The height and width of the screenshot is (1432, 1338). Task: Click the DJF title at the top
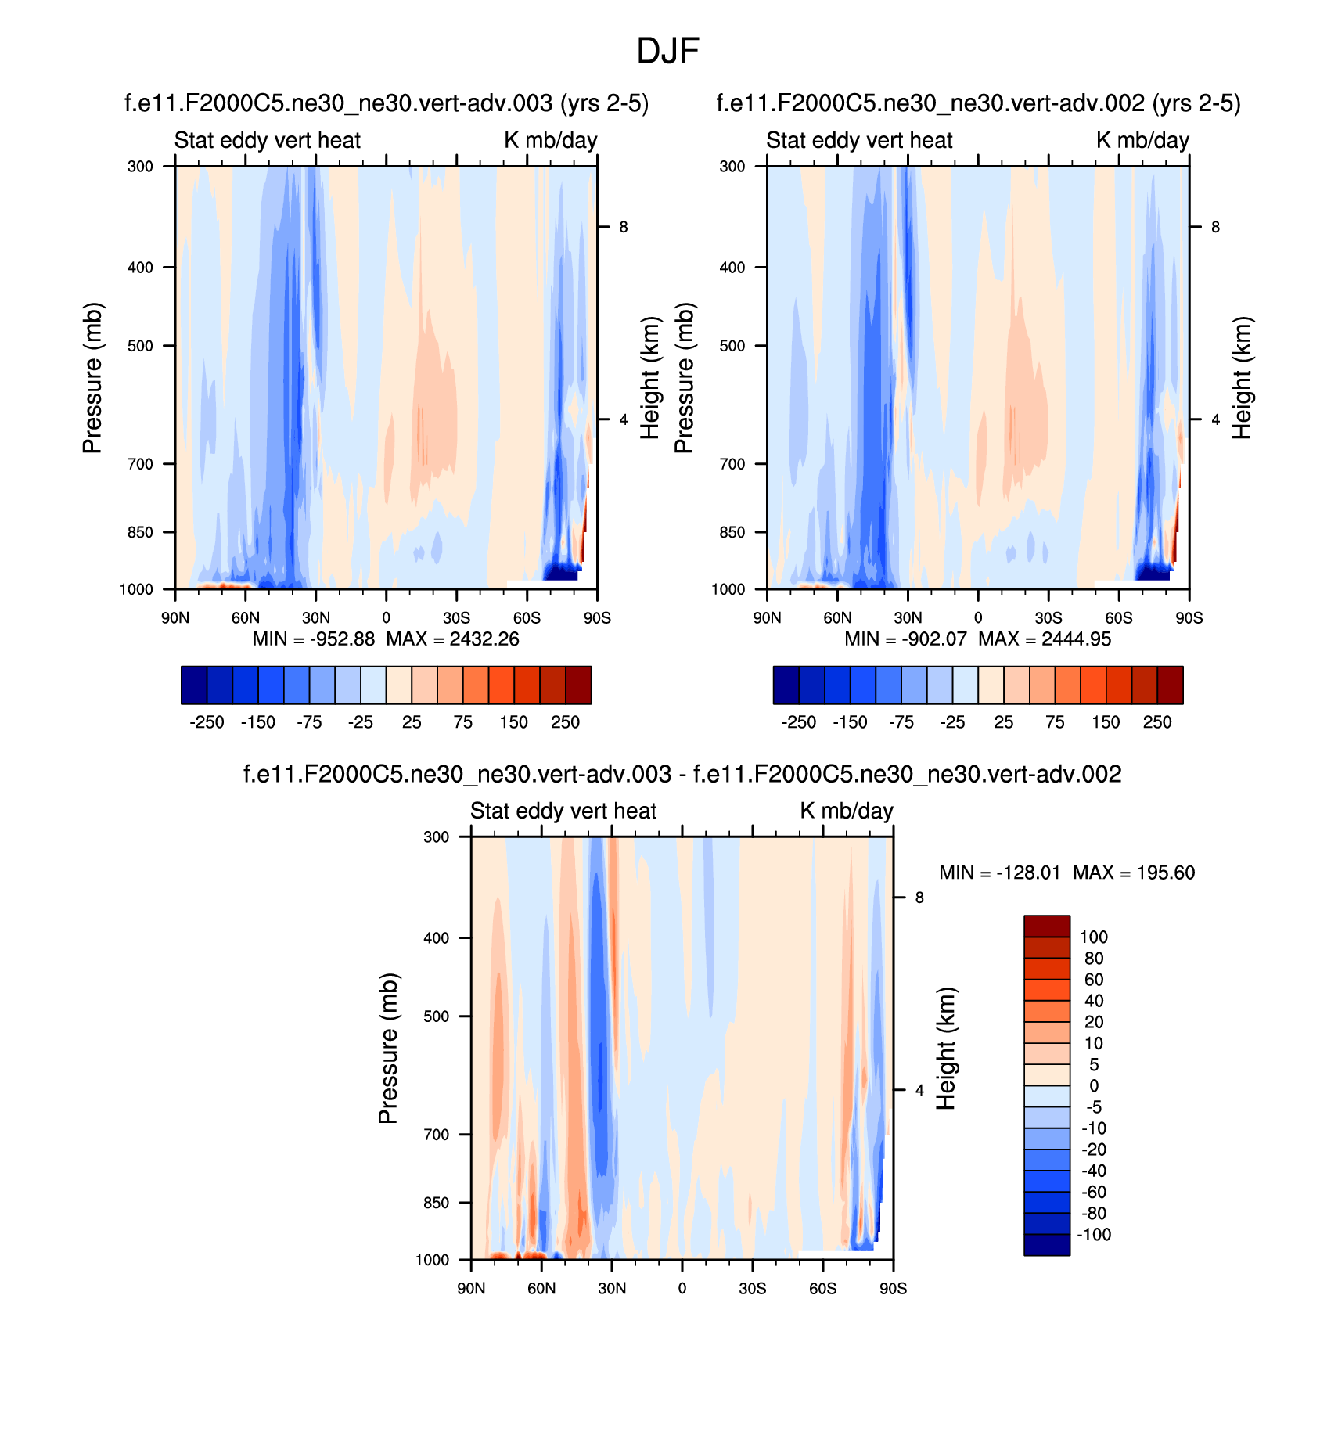667,51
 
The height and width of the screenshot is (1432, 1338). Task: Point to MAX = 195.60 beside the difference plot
1134,873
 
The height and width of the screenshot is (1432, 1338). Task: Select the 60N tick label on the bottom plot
541,1288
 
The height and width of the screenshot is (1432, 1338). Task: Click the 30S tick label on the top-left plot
456,618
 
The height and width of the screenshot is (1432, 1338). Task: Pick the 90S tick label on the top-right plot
1189,618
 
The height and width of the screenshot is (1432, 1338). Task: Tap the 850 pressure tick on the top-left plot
140,532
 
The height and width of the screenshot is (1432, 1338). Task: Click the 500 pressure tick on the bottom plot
436,1016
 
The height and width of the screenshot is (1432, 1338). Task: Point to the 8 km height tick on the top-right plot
1215,227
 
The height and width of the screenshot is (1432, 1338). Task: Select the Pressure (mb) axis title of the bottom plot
389,1049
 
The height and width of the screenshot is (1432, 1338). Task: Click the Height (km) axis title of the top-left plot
650,378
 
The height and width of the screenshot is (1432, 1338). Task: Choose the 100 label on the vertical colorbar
1094,937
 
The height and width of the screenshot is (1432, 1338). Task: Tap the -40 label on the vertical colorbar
1094,1171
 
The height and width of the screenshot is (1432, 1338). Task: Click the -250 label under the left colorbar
207,722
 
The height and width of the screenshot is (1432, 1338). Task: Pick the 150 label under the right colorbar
1106,722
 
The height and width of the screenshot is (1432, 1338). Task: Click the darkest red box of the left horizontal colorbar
578,685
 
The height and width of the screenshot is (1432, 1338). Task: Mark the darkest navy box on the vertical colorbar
1047,1245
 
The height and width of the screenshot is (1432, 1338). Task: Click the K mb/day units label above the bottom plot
846,811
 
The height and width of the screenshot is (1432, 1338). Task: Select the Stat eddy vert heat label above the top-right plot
859,140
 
